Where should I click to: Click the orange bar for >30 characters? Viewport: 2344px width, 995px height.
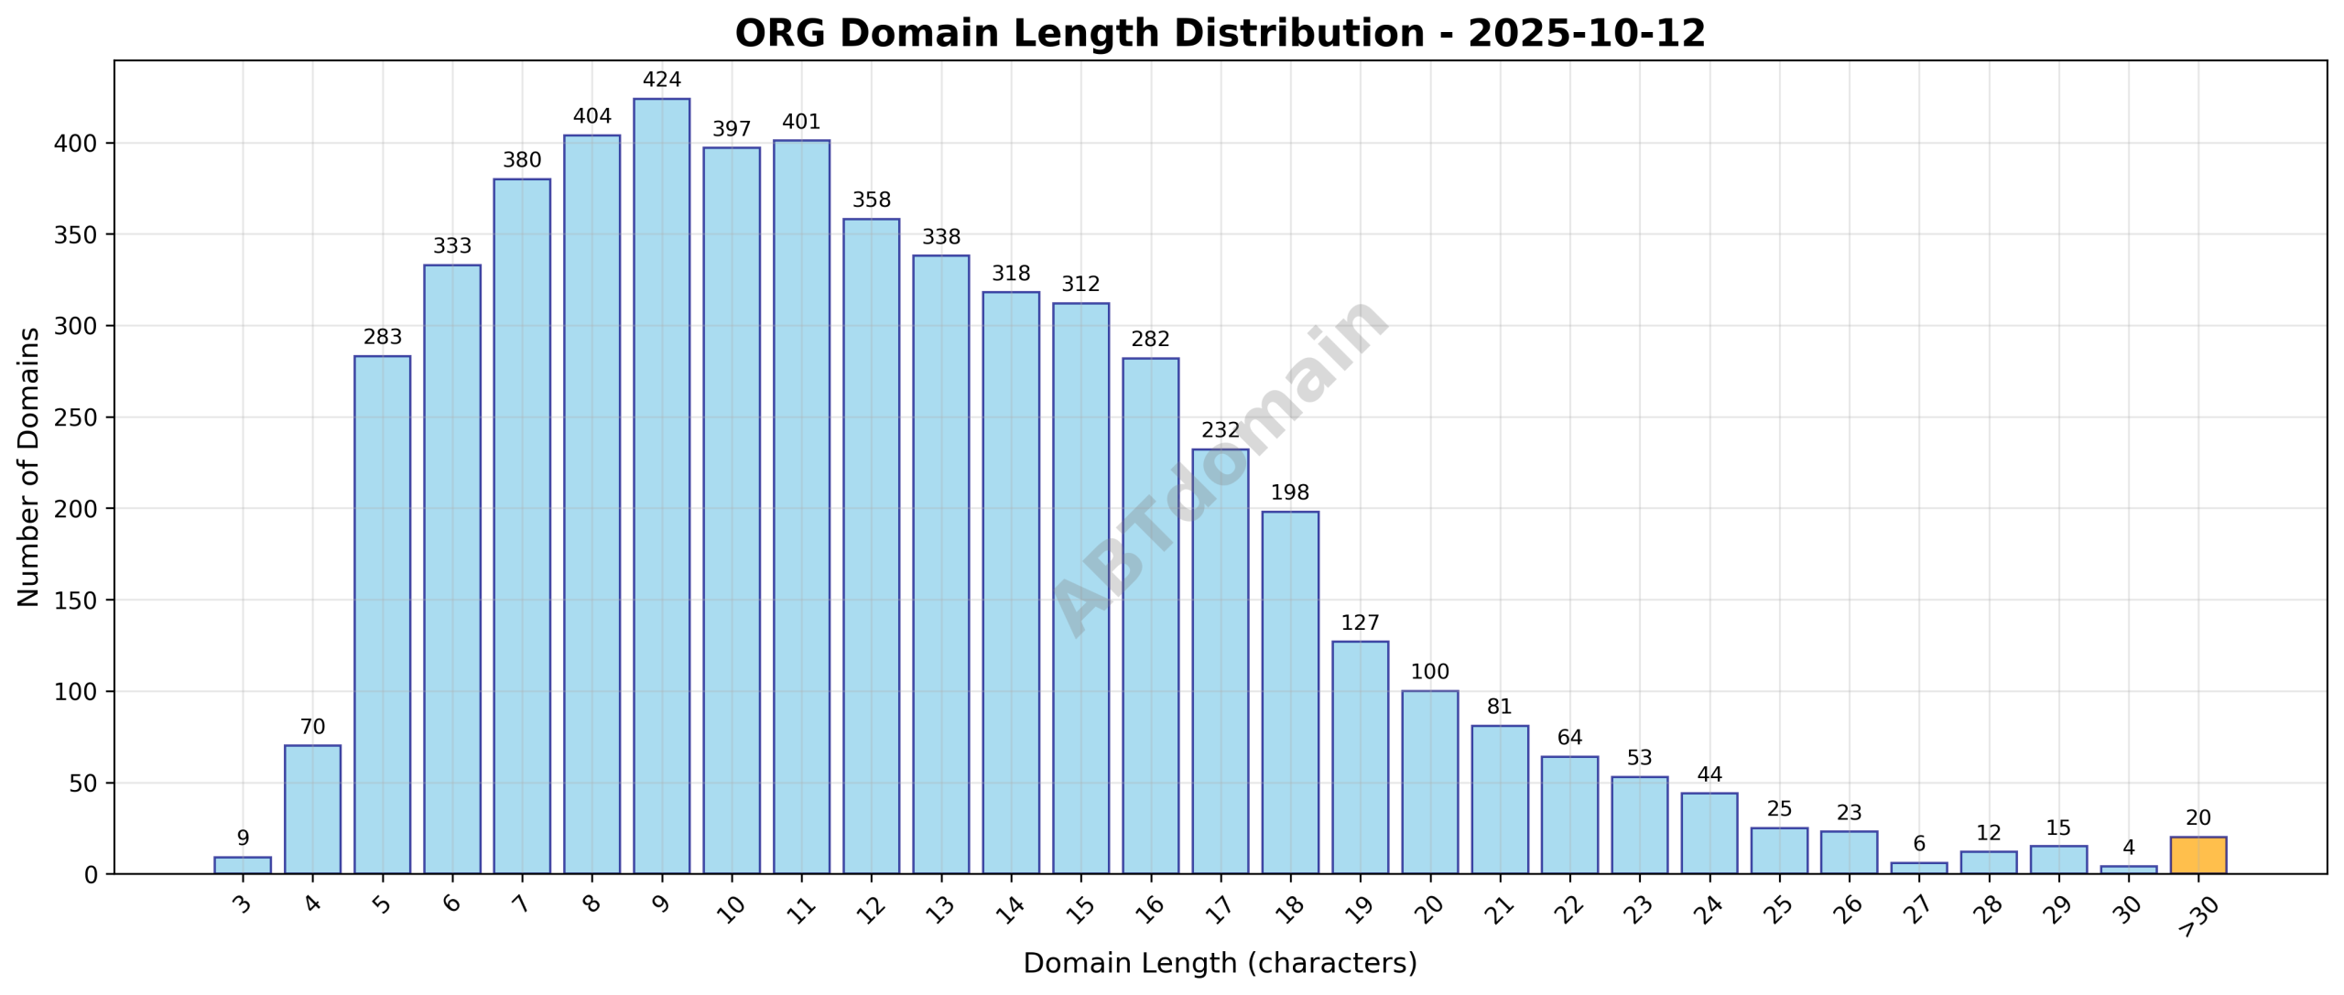tap(2197, 855)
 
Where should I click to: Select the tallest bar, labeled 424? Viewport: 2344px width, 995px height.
tap(661, 485)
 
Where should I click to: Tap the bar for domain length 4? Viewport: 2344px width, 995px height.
tap(312, 809)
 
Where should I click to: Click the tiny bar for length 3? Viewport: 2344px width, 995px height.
tap(243, 865)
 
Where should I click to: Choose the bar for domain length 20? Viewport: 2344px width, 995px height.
tap(1429, 782)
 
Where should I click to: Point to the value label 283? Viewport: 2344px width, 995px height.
tap(382, 338)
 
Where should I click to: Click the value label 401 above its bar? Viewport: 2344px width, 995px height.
tap(801, 123)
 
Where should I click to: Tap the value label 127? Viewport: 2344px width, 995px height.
tap(1360, 623)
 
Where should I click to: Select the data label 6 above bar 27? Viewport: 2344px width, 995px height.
tap(1918, 844)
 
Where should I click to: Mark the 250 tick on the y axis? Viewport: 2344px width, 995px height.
tap(77, 418)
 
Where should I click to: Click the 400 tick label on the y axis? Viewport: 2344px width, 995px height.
tap(77, 144)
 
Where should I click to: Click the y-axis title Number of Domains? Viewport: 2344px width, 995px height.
tap(29, 467)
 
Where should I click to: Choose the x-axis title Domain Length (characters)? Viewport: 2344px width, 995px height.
tap(1220, 964)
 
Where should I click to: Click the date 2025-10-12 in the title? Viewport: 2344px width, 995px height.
tap(1586, 34)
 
